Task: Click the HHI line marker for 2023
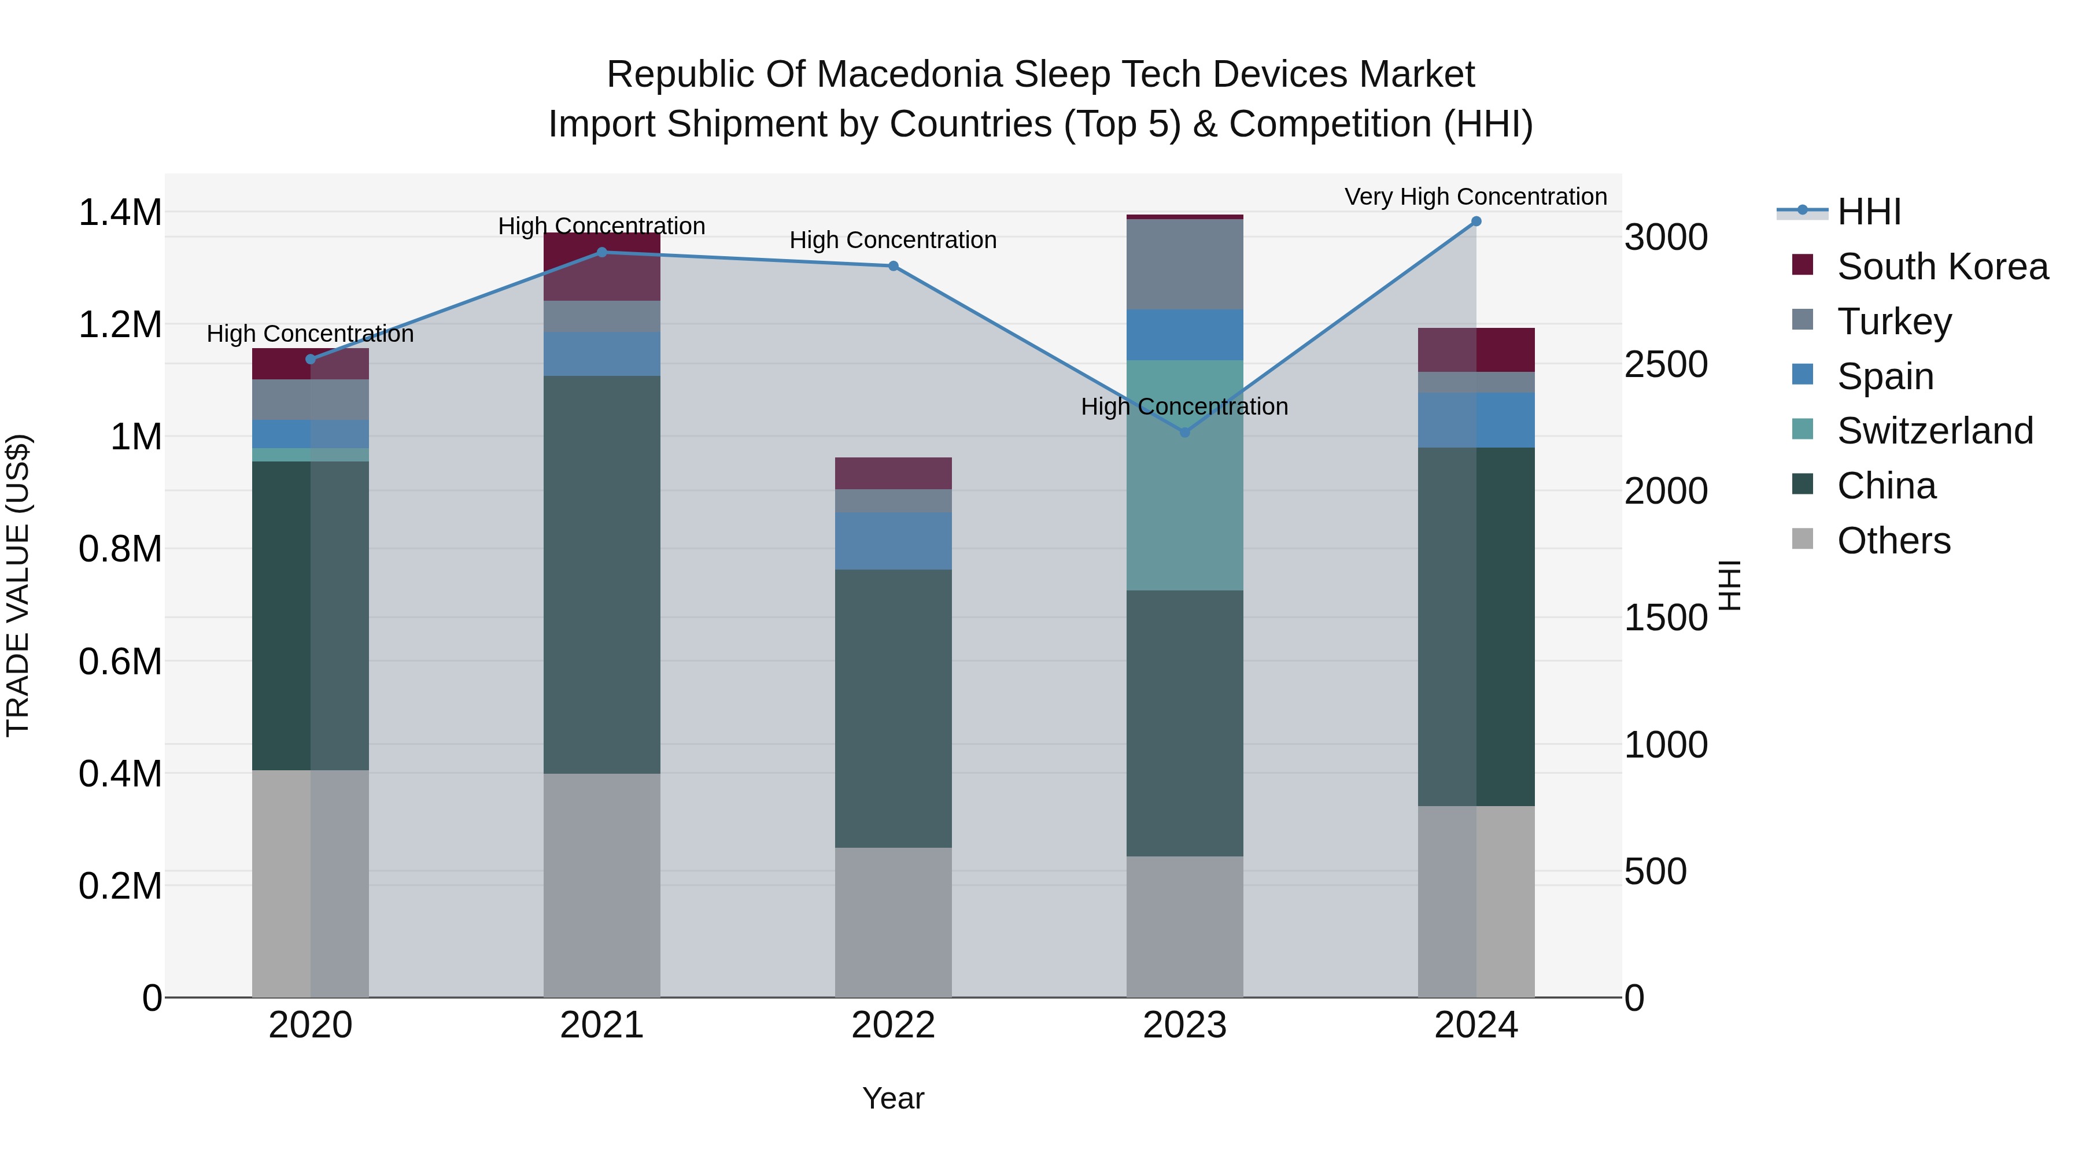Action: pyautogui.click(x=1185, y=433)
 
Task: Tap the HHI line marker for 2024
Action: pyautogui.click(x=1476, y=221)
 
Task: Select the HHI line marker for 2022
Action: pyautogui.click(x=893, y=266)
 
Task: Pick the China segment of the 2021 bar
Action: pyautogui.click(x=601, y=574)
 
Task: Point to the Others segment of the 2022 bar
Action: pyautogui.click(x=893, y=921)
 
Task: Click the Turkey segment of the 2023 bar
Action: pyautogui.click(x=1185, y=264)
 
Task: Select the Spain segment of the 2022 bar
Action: pyautogui.click(x=893, y=541)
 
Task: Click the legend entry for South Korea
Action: pyautogui.click(x=1942, y=267)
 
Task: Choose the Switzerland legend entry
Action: pyautogui.click(x=1934, y=431)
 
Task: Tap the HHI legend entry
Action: pyautogui.click(x=1869, y=212)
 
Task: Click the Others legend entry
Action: pyautogui.click(x=1893, y=541)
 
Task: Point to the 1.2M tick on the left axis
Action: pyautogui.click(x=120, y=325)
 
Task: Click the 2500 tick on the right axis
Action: pyautogui.click(x=1666, y=364)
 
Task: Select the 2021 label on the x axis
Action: pyautogui.click(x=601, y=1025)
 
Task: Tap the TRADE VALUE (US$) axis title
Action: pyautogui.click(x=18, y=585)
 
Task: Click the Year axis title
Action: pyautogui.click(x=893, y=1098)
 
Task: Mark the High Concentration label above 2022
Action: pyautogui.click(x=892, y=240)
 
